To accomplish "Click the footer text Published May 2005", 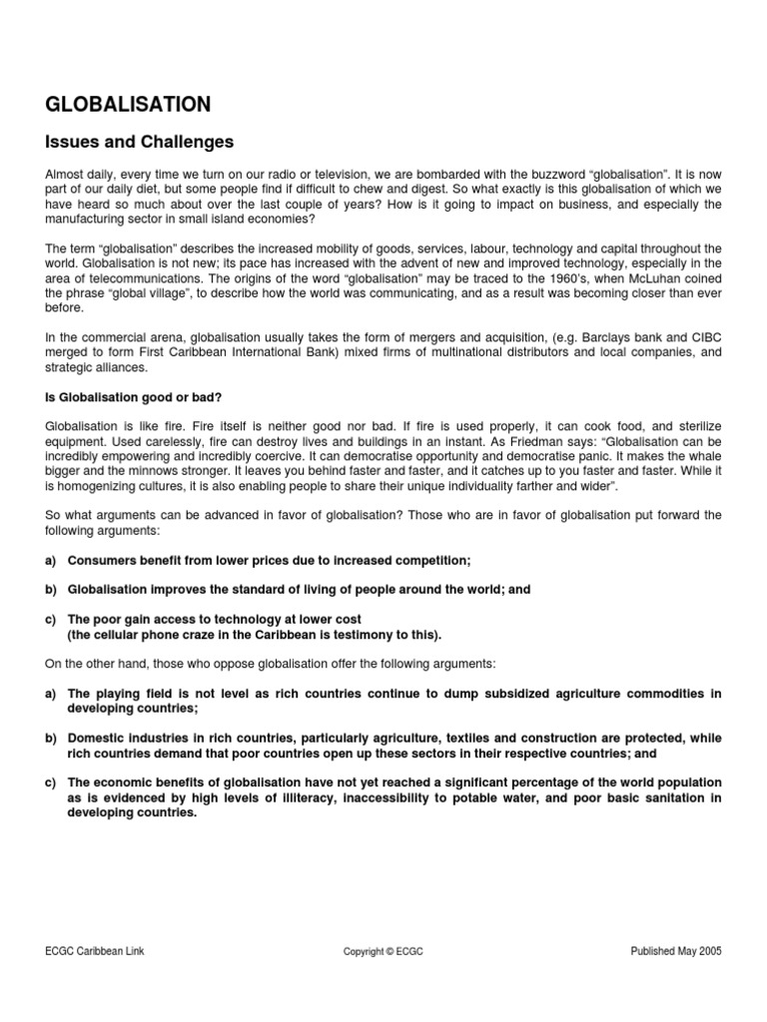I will pyautogui.click(x=676, y=951).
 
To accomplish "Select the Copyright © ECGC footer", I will pyautogui.click(x=383, y=952).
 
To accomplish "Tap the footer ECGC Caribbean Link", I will pyautogui.click(x=95, y=951).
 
